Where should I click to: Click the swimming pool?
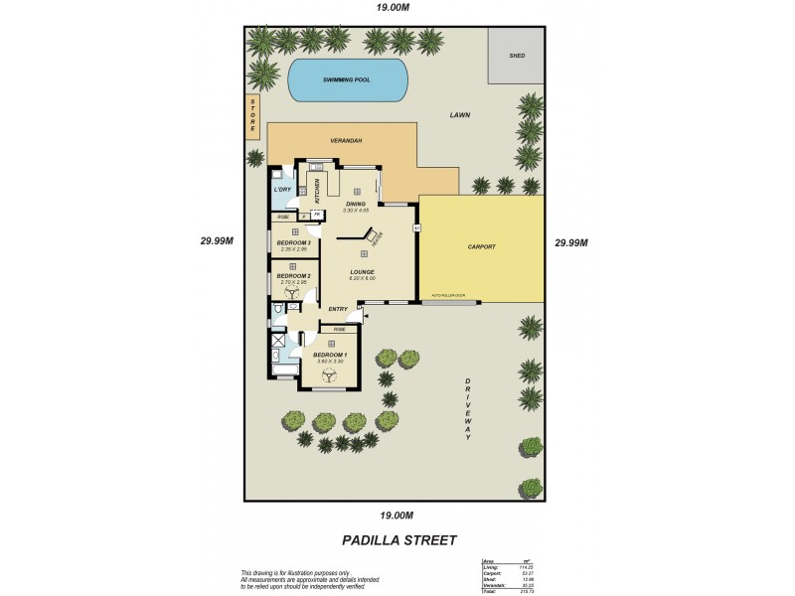(348, 79)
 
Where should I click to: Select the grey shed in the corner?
(516, 56)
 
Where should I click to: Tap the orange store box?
(253, 116)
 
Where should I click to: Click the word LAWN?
(459, 115)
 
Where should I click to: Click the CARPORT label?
(481, 246)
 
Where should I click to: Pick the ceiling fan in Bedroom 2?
(294, 293)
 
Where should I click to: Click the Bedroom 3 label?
(294, 242)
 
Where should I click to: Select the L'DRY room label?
(282, 189)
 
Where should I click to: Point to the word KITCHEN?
(317, 190)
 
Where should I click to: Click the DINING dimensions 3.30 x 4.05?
(355, 211)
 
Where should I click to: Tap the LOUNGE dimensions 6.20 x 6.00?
(362, 278)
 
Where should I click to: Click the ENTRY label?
(338, 309)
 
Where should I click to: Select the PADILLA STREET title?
(398, 540)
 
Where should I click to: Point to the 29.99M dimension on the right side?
(572, 242)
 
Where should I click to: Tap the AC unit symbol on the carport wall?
(416, 227)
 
